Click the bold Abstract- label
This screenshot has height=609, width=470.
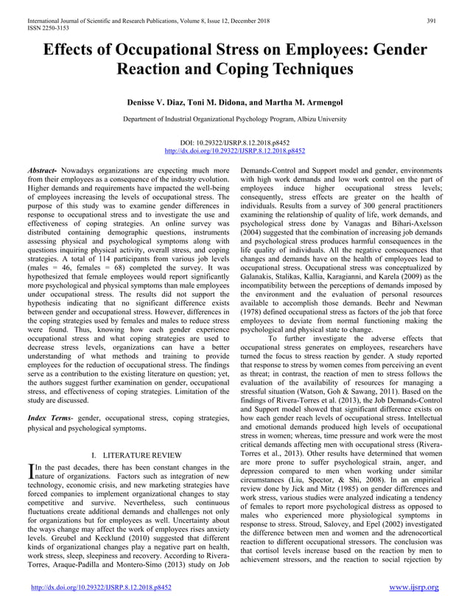click(x=44, y=169)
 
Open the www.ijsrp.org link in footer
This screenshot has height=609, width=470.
click(x=413, y=588)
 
